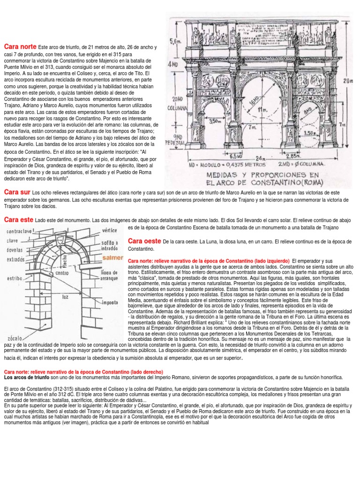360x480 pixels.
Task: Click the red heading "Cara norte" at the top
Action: [x=20, y=46]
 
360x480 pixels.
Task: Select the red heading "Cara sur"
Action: [x=17, y=192]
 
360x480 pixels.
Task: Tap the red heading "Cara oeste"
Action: [x=144, y=241]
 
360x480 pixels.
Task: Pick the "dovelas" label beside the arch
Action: [x=15, y=250]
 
